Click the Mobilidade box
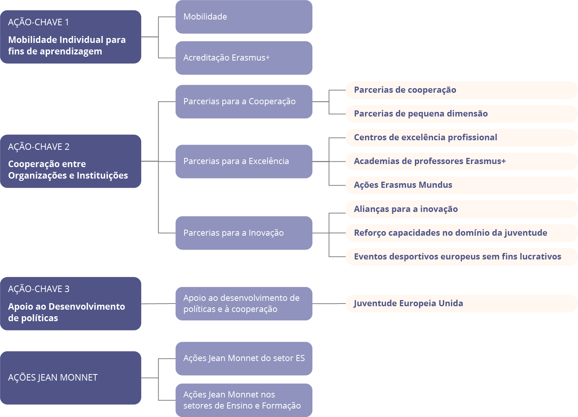point(244,17)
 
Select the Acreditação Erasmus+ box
point(244,58)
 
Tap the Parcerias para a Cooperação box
point(244,102)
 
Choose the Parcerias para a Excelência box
point(244,162)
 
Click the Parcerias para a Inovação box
point(244,233)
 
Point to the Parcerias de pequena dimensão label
point(421,114)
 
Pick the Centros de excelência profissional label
point(426,137)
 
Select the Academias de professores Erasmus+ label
point(430,161)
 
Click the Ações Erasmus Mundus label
point(403,185)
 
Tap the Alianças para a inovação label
point(406,209)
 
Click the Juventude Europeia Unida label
point(408,304)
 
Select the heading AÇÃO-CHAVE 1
point(38,22)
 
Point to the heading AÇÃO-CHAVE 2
point(39,147)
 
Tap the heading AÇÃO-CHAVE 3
point(39,289)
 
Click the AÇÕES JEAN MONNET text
point(53,378)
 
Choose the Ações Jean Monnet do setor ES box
point(244,358)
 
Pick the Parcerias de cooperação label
point(405,90)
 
